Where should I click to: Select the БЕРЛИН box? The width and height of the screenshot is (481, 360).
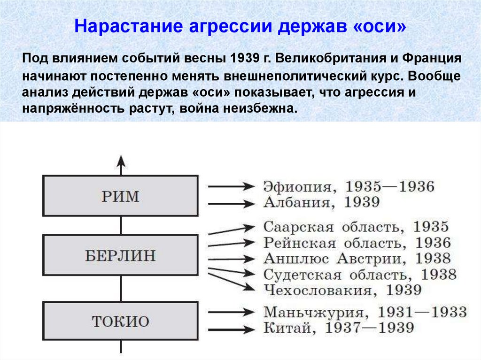[120, 256]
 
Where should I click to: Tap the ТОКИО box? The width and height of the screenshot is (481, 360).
[120, 322]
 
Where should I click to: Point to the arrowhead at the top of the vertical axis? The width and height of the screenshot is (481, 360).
[121, 161]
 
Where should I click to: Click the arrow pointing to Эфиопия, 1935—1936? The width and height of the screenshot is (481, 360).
[230, 186]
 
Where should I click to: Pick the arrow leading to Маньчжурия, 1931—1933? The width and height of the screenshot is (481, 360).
[230, 311]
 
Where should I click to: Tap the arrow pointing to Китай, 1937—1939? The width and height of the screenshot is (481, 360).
[230, 329]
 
